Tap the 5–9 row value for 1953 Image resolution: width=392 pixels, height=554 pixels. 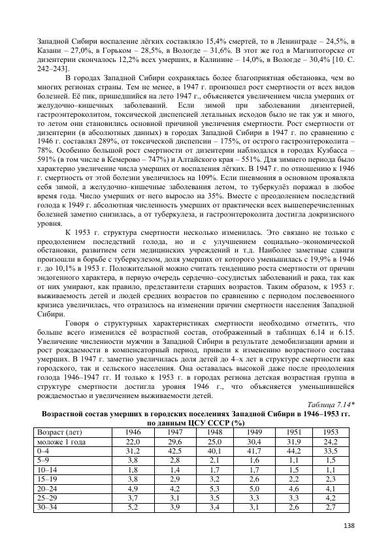click(x=333, y=460)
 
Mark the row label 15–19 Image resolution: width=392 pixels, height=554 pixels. click(x=48, y=478)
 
